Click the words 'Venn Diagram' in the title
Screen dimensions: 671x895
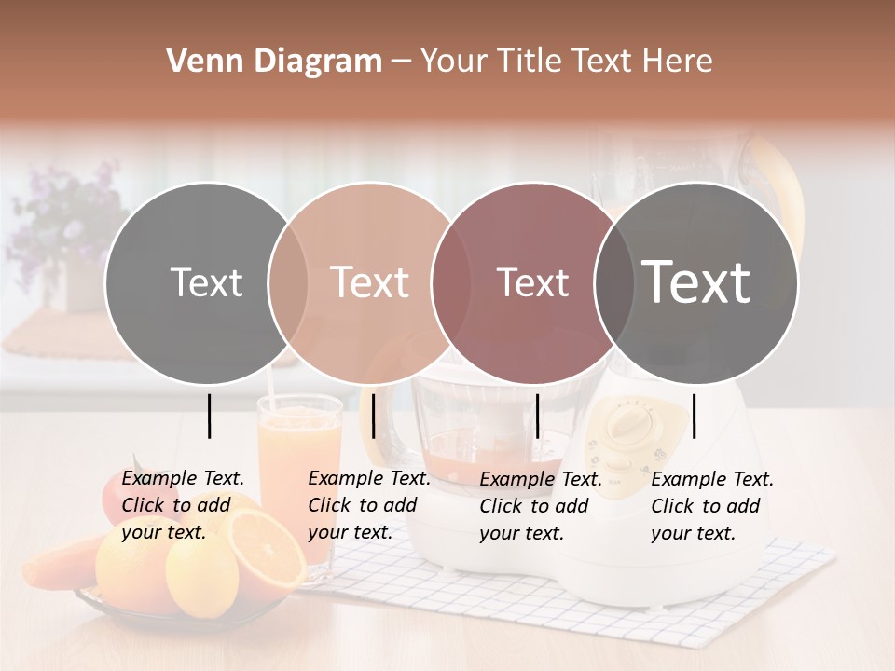coord(274,62)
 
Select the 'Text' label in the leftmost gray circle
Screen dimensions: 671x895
coord(206,282)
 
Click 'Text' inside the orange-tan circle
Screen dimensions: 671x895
coord(369,282)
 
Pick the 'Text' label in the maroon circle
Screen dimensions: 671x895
coord(532,282)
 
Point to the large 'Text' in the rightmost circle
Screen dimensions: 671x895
coord(696,282)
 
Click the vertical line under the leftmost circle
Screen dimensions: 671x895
coord(210,416)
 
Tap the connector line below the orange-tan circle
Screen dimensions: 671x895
coord(373,416)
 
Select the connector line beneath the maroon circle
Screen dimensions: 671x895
coord(537,416)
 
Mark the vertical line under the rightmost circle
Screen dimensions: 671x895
coord(695,416)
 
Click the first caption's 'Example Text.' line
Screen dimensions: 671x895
coord(183,478)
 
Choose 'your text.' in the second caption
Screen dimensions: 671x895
coord(350,533)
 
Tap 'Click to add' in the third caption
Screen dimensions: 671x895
coord(533,506)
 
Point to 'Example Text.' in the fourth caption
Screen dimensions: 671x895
coord(712,479)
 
